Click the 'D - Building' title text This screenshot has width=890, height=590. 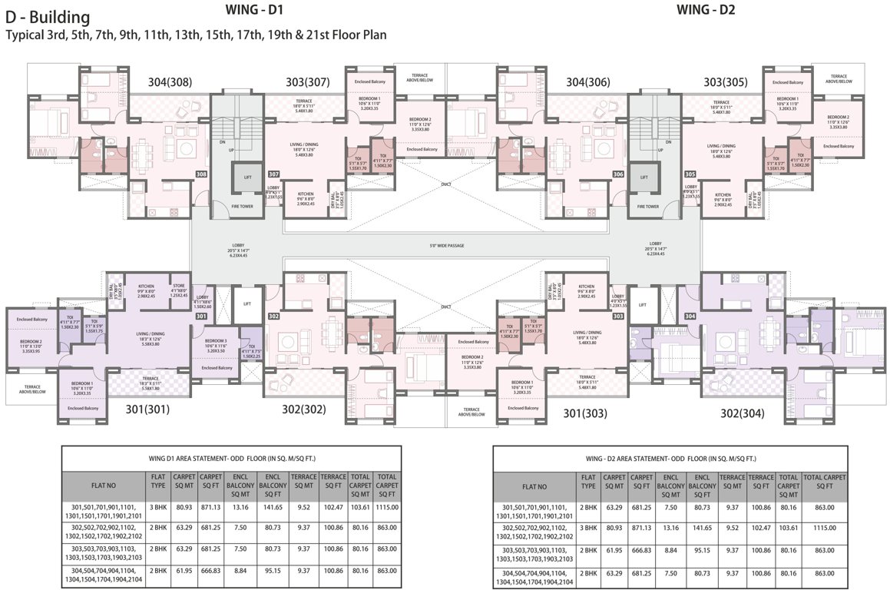pyautogui.click(x=47, y=17)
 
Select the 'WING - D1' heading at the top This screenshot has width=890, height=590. pyautogui.click(x=257, y=9)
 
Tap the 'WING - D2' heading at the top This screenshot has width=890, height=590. pyautogui.click(x=706, y=9)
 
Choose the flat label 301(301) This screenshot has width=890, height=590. pyautogui.click(x=149, y=409)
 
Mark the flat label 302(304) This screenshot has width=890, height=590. pyautogui.click(x=742, y=413)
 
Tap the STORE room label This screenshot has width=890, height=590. pyautogui.click(x=178, y=286)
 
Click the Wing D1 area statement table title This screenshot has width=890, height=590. pyautogui.click(x=231, y=457)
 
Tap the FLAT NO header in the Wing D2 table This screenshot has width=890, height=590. pyautogui.click(x=534, y=486)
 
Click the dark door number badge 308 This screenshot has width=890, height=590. pyautogui.click(x=202, y=174)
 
